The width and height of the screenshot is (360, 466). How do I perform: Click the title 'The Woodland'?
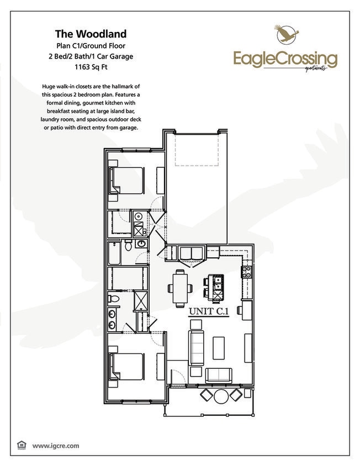90,34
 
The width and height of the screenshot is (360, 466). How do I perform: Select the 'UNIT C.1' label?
208,312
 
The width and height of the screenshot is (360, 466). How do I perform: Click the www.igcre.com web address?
56,445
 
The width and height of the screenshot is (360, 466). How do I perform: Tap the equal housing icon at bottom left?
22,445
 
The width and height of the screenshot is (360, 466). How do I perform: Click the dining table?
180,287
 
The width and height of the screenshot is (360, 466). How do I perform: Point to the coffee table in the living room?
219,348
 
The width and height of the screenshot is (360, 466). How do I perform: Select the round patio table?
221,396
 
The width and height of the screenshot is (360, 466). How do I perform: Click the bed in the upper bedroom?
128,179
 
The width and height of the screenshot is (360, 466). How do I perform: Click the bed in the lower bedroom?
128,366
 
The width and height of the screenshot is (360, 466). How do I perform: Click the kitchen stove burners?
246,272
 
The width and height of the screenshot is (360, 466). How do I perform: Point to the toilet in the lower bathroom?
114,299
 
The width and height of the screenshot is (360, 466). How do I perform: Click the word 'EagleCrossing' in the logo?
285,58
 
